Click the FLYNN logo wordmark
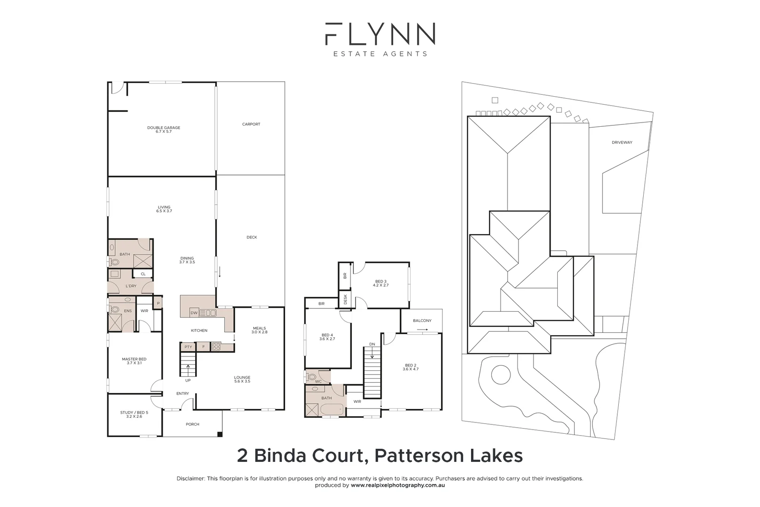pos(380,34)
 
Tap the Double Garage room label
pos(164,130)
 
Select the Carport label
pos(251,124)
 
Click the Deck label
pos(251,238)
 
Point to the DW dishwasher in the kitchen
pos(194,313)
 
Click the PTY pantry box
pos(188,347)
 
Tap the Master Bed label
pos(134,361)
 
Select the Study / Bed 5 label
pos(134,415)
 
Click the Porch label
pos(192,424)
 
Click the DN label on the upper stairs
pos(372,345)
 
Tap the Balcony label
pos(422,321)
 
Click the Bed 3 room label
pos(380,284)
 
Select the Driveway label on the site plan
pos(622,142)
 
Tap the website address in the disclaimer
pos(397,485)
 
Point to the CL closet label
pos(143,274)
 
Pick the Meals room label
pos(259,330)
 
